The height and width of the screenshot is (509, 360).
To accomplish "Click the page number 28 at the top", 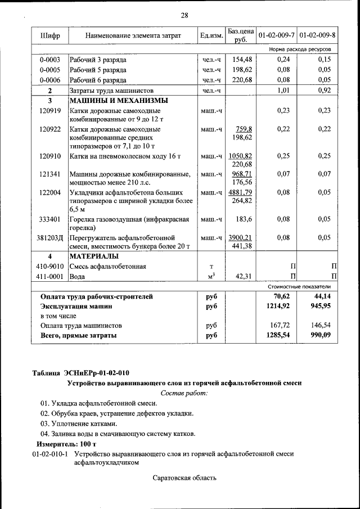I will [184, 15].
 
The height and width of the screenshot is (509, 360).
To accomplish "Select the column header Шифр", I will [49, 36].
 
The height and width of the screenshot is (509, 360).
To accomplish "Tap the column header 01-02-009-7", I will [276, 36].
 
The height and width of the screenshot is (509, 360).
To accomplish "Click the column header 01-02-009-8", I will [317, 36].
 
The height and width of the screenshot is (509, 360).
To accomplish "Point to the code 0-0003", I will [49, 60].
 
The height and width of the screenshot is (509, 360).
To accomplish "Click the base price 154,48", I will [241, 60].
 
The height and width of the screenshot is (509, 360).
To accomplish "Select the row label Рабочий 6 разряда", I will [97, 80].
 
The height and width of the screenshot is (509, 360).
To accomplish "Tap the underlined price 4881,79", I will [240, 192].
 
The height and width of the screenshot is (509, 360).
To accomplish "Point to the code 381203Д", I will [49, 237].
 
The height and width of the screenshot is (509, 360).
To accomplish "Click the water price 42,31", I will [242, 276].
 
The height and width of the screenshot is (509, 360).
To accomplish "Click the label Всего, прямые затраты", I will [79, 336].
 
